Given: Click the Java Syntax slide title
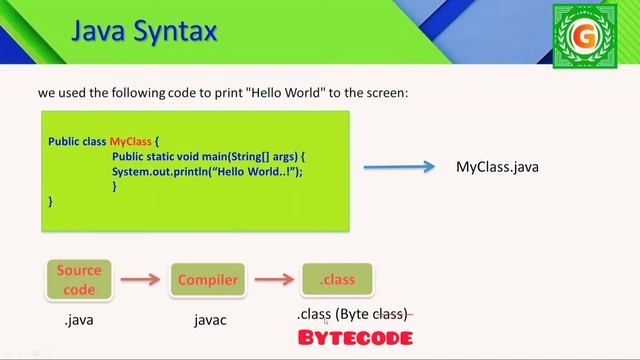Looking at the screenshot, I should (x=143, y=32).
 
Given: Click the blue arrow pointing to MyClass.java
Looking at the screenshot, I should (x=397, y=167).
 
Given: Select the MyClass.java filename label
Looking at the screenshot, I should (x=497, y=167).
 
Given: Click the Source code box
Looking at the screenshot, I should (x=79, y=280).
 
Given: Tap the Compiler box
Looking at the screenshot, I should (x=208, y=280).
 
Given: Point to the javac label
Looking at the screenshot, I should (x=210, y=320).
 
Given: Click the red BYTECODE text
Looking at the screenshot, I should (x=355, y=338).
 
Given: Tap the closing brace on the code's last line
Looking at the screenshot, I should (x=51, y=201).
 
